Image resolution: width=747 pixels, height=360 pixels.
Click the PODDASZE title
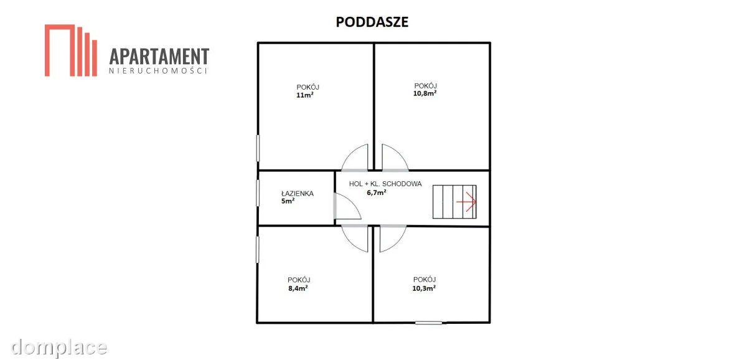coord(372,22)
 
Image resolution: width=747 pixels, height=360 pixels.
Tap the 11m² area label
coord(305,95)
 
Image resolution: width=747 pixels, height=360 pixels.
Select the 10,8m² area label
coord(425,93)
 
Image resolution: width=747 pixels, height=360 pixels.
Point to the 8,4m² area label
coord(298,288)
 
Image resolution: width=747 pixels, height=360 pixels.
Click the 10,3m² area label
coord(424,288)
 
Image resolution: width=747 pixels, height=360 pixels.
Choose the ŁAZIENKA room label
coord(298,193)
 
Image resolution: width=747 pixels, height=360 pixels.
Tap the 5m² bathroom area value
coord(288,201)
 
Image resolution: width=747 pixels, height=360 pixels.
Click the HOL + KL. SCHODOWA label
coord(385,184)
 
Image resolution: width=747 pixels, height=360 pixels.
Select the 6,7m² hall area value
coord(377,192)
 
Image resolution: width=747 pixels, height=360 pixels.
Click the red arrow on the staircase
coord(466,202)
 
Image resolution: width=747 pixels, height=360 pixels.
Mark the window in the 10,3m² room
coord(428,323)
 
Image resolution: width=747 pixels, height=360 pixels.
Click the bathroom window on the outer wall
coord(258,193)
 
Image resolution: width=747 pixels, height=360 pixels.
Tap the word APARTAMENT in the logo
coord(159,57)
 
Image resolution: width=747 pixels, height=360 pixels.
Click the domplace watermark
coord(59,348)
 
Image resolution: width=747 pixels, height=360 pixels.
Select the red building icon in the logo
coord(71,50)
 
